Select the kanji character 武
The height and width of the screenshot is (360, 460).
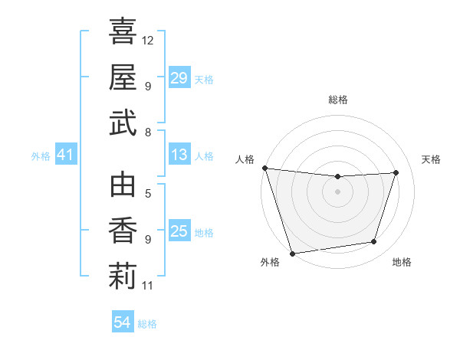tap(123, 123)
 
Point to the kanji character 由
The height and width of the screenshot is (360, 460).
tap(123, 186)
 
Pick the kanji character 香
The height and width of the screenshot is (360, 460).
tap(123, 231)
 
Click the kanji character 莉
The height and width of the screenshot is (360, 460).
tap(123, 277)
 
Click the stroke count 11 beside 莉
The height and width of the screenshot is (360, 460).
tap(149, 286)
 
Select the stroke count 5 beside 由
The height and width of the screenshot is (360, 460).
tap(148, 195)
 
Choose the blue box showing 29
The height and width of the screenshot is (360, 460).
tap(179, 78)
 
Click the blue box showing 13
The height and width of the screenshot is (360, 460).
tap(179, 155)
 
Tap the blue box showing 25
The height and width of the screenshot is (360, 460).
tap(179, 231)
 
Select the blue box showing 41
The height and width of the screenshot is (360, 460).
tap(65, 155)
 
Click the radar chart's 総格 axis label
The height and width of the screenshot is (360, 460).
tap(338, 100)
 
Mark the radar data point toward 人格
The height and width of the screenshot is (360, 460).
tap(264, 168)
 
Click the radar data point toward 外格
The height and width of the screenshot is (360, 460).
tap(292, 253)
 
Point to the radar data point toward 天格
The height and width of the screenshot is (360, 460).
tap(396, 172)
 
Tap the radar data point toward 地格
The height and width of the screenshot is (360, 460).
tap(374, 242)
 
